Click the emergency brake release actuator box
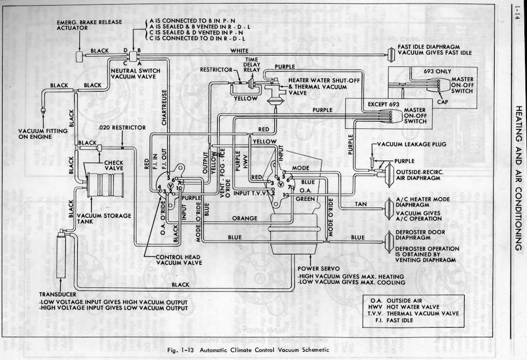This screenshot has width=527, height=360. coord(80,57)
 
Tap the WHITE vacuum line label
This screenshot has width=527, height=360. coord(239,51)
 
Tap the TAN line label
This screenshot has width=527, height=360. coord(361,204)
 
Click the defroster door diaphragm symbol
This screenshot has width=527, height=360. coord(389,237)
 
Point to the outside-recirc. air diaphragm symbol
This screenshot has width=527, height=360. coord(383,174)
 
